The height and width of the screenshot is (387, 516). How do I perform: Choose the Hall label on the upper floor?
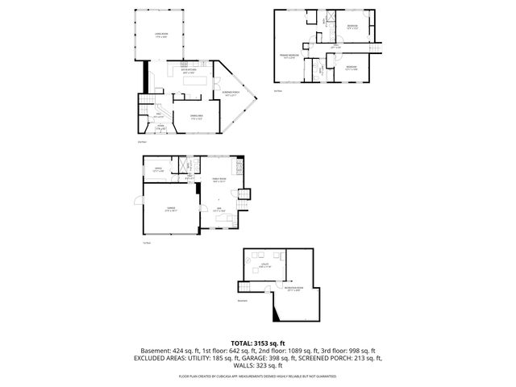[x=336, y=48]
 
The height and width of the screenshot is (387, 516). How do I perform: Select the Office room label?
[x=158, y=169]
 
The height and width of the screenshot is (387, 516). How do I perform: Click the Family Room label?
[x=218, y=180]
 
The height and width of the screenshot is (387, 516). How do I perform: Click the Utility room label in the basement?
[x=264, y=264]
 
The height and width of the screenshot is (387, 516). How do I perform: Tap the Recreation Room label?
[x=295, y=289]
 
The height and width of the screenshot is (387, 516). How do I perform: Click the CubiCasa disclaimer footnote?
[x=257, y=375]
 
